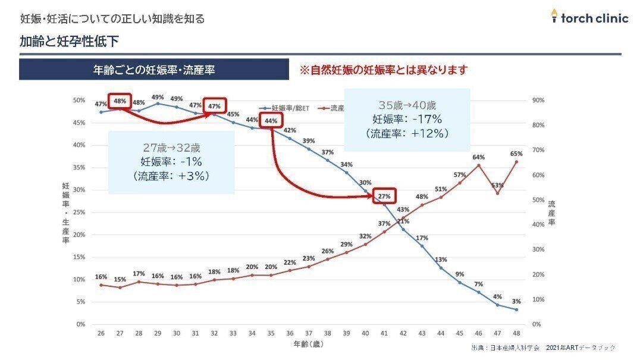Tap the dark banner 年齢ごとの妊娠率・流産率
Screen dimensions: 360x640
pyautogui.click(x=154, y=70)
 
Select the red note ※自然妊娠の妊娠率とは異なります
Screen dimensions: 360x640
pyautogui.click(x=383, y=70)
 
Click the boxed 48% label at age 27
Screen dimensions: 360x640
pyautogui.click(x=120, y=101)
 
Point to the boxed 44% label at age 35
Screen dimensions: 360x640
pyautogui.click(x=271, y=121)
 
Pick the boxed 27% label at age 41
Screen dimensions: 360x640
pyautogui.click(x=384, y=196)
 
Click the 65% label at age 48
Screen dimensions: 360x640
pyautogui.click(x=516, y=154)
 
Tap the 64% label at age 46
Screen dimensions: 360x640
pyautogui.click(x=478, y=157)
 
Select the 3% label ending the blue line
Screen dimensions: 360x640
pyautogui.click(x=516, y=302)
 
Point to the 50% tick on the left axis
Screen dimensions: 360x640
pyautogui.click(x=79, y=101)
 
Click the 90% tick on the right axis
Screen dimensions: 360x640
pyautogui.click(x=537, y=101)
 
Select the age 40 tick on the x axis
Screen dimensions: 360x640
pyautogui.click(x=365, y=334)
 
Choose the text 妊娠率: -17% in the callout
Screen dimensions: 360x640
pyautogui.click(x=407, y=119)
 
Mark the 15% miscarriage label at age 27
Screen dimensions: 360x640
pyautogui.click(x=120, y=280)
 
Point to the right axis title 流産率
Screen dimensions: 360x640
pyautogui.click(x=551, y=213)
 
